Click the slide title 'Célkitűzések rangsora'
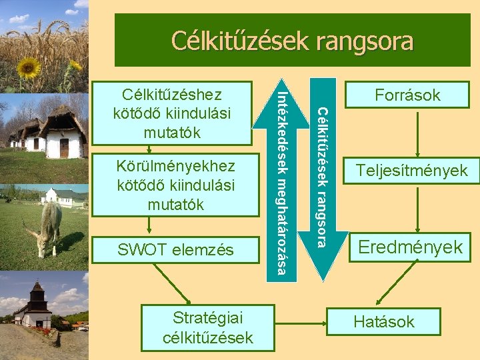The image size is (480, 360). coord(292,41)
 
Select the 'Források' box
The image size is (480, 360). coord(407,95)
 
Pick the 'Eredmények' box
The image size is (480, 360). coord(410,247)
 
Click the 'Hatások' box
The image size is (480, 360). coord(383,321)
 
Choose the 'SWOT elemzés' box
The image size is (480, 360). coord(175,250)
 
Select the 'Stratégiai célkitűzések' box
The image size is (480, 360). coord(207,327)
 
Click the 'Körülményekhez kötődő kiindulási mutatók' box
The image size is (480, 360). coord(175,185)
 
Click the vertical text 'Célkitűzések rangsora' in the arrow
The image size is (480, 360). coord(322,177)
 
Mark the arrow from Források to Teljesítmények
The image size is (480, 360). coord(417,132)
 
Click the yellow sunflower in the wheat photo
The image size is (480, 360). coord(28,67)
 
